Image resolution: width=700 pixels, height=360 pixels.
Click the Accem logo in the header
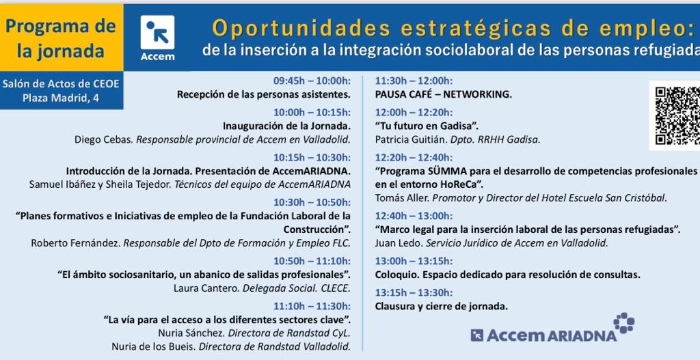pos(157,38)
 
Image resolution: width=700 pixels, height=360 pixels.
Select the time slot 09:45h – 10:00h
pos(312,81)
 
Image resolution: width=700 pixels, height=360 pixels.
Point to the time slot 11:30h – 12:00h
pos(414,81)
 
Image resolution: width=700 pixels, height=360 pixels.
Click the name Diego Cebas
pos(103,139)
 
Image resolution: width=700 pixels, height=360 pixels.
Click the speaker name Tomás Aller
pos(402,198)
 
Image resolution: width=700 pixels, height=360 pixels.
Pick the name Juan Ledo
pos(399,243)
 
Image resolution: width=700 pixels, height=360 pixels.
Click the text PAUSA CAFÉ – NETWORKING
pos(443,94)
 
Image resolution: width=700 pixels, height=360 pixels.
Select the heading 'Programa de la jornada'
pos(61,39)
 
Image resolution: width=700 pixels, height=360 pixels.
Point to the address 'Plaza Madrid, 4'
pos(61,98)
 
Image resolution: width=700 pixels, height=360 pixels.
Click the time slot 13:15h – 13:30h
pos(414,292)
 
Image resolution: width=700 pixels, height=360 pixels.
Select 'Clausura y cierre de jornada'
pos(441,307)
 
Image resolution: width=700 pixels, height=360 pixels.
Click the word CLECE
pos(335,288)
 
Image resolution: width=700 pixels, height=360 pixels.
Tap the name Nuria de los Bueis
pos(153,346)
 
